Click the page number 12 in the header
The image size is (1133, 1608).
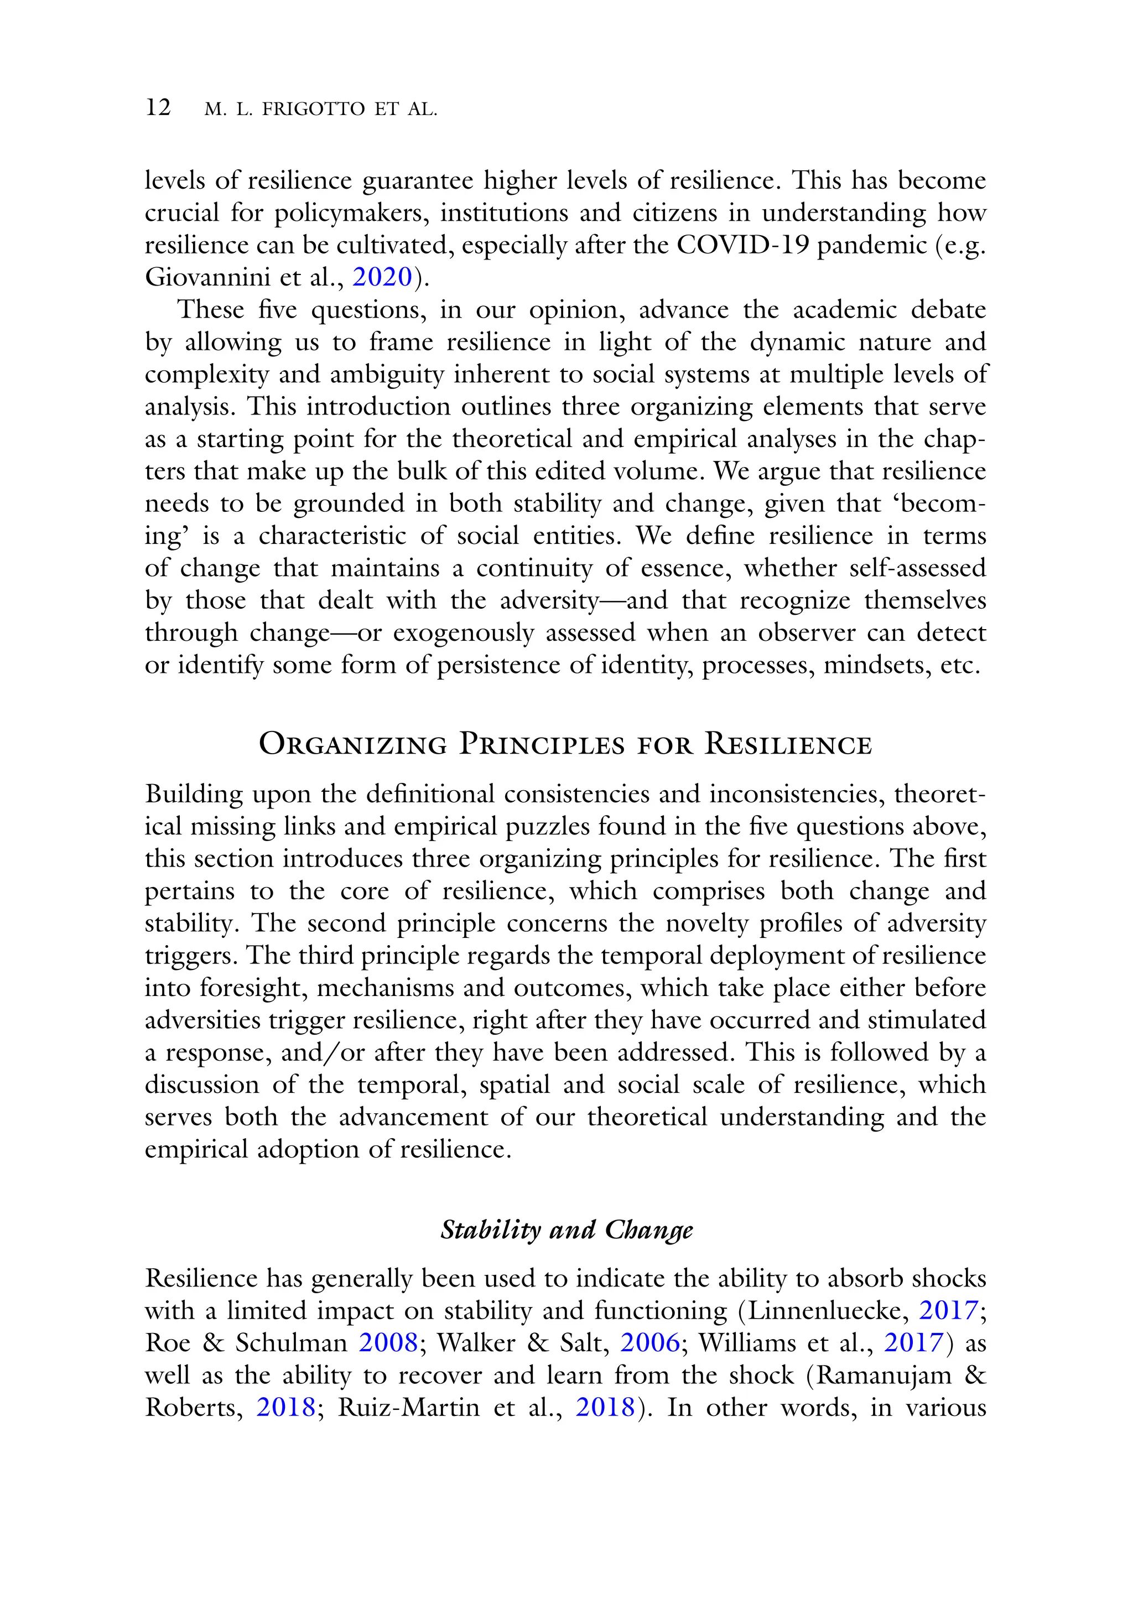158,108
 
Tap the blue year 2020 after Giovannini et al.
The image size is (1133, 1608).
382,277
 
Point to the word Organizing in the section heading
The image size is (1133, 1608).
352,744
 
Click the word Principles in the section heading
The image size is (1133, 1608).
541,744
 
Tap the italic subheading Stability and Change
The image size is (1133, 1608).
566,1230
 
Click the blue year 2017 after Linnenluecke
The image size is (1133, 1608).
948,1310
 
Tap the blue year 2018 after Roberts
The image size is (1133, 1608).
285,1407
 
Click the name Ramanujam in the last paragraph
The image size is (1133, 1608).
885,1375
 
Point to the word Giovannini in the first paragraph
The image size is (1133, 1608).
207,277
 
